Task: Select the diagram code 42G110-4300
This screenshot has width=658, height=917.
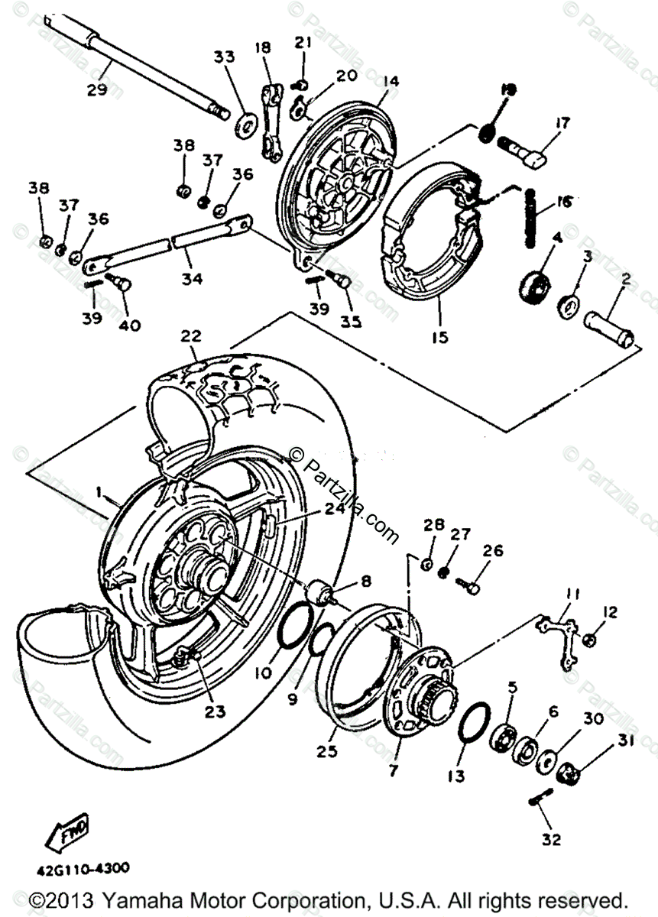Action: (x=80, y=868)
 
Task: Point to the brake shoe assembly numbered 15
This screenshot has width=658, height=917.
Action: (x=428, y=245)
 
